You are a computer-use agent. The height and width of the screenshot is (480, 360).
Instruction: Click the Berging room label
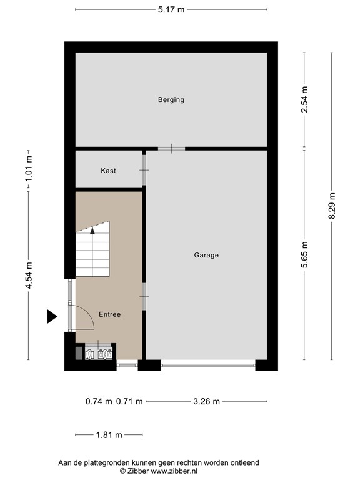171,99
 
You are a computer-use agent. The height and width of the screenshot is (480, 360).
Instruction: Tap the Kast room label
108,171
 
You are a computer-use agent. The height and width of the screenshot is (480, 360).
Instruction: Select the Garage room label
206,255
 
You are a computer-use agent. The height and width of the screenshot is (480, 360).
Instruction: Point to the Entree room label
109,314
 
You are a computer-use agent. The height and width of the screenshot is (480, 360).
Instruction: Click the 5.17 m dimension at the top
171,9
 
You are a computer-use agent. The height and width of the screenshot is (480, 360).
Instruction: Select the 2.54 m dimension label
304,99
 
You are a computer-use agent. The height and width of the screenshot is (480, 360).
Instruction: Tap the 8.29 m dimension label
332,206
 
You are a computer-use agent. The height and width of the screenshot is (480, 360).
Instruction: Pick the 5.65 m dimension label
304,255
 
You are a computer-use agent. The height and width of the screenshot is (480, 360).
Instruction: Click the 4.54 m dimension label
29,276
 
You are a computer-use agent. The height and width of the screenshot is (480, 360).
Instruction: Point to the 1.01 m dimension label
29,167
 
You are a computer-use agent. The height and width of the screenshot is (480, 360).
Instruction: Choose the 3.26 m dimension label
207,401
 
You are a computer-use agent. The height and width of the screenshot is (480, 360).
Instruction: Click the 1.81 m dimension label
109,435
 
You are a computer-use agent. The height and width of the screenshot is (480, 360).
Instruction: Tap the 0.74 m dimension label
99,401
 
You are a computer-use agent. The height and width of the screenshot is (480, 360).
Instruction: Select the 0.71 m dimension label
129,401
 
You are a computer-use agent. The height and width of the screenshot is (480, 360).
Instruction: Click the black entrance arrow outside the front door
52,316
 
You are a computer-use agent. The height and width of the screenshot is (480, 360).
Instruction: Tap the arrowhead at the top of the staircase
92,231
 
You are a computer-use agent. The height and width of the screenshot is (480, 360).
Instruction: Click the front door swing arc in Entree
89,313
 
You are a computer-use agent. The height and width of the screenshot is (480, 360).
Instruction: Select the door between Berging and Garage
171,149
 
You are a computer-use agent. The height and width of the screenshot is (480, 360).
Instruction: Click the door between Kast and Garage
144,170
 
